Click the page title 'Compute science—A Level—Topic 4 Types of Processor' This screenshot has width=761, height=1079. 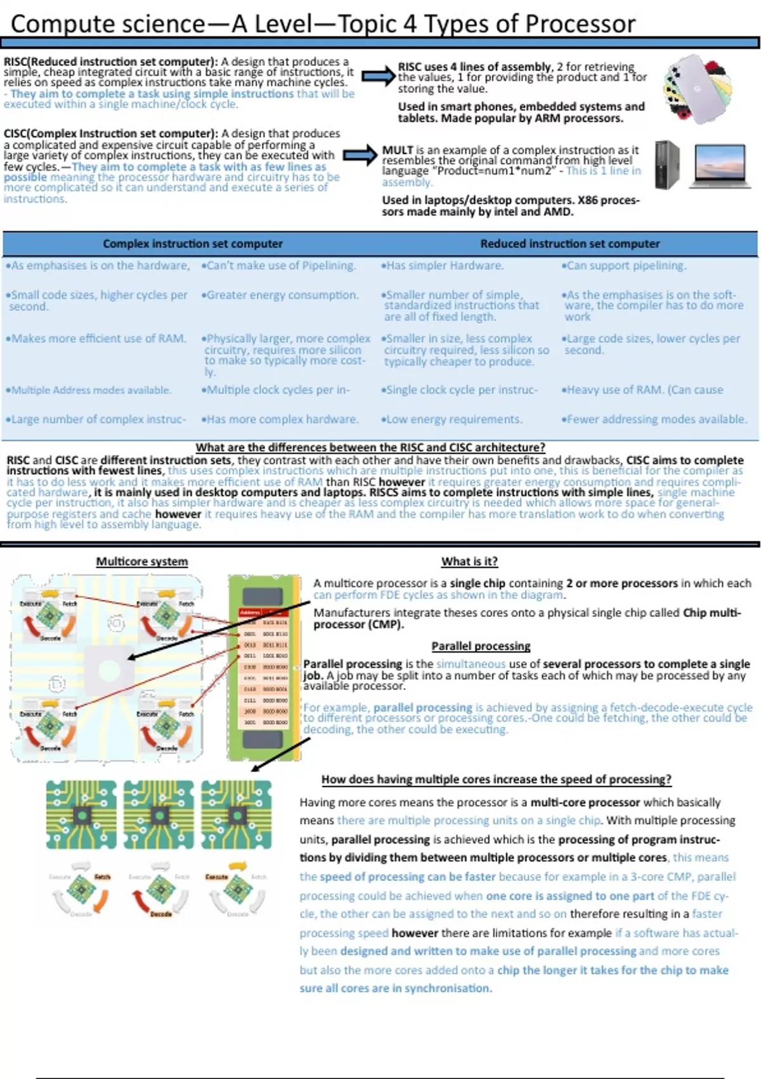[323, 24]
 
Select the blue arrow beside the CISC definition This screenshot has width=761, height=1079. [360, 155]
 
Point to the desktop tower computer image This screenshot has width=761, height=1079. [667, 164]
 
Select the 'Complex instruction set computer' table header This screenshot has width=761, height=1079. [193, 244]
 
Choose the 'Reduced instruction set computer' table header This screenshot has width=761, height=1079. [569, 244]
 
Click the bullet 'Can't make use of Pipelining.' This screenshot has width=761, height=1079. [278, 265]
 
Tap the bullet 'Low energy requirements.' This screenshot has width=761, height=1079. [452, 419]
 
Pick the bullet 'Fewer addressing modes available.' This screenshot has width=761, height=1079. [654, 419]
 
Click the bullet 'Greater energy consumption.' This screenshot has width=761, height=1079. [280, 295]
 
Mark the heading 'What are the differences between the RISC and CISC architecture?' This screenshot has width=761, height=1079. [370, 447]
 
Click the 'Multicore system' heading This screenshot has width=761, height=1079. [142, 561]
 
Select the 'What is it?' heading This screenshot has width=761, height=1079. [469, 561]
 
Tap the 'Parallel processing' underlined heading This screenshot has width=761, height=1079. [481, 646]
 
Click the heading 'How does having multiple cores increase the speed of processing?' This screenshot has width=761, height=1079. [496, 779]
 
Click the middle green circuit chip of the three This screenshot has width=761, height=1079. [159, 815]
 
